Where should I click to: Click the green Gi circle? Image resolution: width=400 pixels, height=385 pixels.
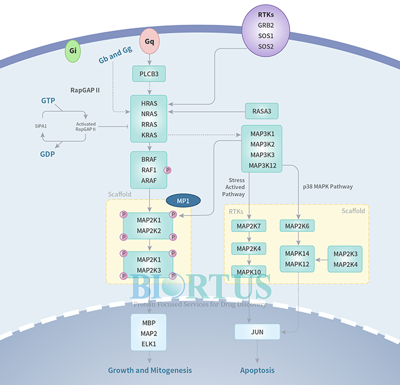pyautogui.click(x=73, y=52)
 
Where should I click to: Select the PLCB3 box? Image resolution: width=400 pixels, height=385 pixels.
pyautogui.click(x=149, y=74)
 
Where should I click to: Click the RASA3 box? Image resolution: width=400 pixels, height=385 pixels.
pyautogui.click(x=261, y=111)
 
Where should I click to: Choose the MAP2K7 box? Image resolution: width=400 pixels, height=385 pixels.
pyautogui.click(x=249, y=226)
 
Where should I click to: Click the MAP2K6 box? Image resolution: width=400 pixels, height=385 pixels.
pyautogui.click(x=299, y=226)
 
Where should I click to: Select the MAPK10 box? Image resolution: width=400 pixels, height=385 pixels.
pyautogui.click(x=249, y=272)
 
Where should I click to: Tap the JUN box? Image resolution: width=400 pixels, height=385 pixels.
pyautogui.click(x=257, y=332)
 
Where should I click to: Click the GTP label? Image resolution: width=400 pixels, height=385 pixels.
pyautogui.click(x=48, y=101)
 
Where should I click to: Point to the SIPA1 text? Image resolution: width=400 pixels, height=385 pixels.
pyautogui.click(x=40, y=125)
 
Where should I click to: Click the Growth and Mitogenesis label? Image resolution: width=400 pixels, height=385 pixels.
pyautogui.click(x=149, y=370)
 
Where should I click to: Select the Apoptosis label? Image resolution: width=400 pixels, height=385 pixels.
pyautogui.click(x=257, y=370)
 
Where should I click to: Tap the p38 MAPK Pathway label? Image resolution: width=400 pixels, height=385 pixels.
pyautogui.click(x=328, y=187)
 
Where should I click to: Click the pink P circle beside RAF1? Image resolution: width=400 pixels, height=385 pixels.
pyautogui.click(x=168, y=170)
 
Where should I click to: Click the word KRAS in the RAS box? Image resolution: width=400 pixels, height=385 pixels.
pyautogui.click(x=149, y=135)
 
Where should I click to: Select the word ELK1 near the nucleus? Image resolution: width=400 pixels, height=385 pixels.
pyautogui.click(x=149, y=343)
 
